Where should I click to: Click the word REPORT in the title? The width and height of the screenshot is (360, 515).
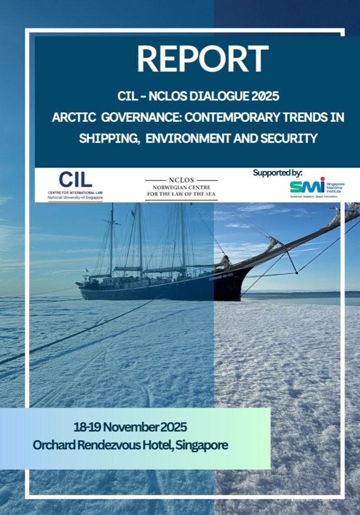coord(203,59)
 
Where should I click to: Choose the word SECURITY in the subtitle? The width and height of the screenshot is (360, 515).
coord(290,138)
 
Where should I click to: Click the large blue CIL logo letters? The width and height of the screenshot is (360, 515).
coord(75,180)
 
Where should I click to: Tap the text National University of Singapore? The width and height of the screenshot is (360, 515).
coord(75,198)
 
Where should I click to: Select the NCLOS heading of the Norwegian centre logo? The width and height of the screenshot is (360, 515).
coord(181,180)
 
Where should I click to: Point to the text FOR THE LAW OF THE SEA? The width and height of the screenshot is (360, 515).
coord(181,194)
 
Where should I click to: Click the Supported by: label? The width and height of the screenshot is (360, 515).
coord(278,173)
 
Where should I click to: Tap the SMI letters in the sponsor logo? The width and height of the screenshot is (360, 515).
coord(307,186)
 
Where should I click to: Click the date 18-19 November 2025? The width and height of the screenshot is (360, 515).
coord(130,427)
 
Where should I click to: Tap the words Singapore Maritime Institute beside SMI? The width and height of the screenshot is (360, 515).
coord(335,186)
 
